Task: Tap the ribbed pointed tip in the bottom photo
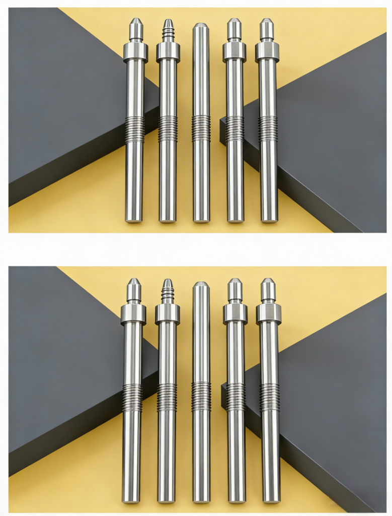(x=168, y=291)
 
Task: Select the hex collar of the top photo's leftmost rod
(x=135, y=51)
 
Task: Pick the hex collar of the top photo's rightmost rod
(x=267, y=51)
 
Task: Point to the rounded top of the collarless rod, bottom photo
(x=201, y=285)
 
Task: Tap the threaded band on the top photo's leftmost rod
(x=135, y=129)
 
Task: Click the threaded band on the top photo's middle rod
(x=201, y=128)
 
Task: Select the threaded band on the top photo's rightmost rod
(x=268, y=128)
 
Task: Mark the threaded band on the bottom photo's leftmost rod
(x=133, y=397)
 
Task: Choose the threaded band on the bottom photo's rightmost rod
(x=270, y=397)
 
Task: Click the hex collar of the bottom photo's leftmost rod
(x=133, y=313)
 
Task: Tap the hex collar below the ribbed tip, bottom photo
(x=167, y=313)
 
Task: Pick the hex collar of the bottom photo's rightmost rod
(x=269, y=313)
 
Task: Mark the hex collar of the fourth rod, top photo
(x=234, y=51)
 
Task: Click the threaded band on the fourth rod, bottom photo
(x=236, y=397)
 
